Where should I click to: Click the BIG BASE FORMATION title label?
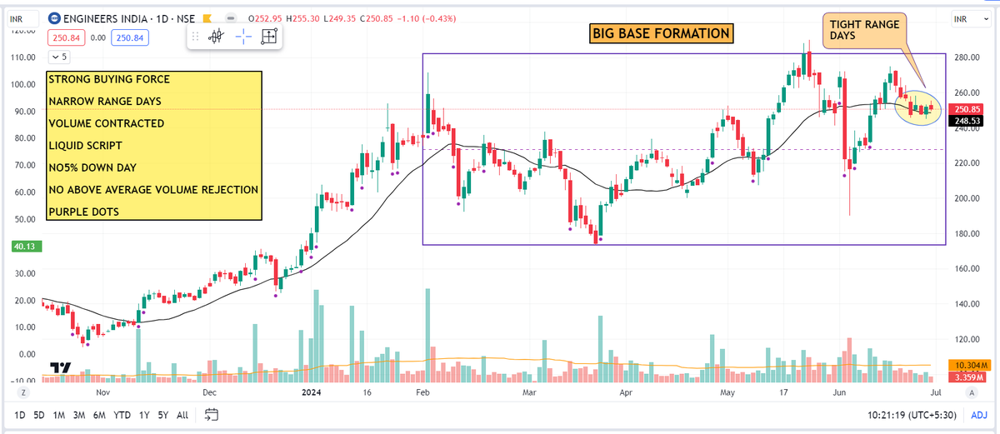(662, 33)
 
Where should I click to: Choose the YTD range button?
(122, 414)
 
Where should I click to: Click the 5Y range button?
(164, 414)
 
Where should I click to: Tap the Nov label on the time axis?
(102, 392)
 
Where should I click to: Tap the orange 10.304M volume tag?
(968, 366)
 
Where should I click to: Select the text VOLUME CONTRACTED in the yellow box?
(106, 123)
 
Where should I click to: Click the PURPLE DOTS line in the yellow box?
(83, 212)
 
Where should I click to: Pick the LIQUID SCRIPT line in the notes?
(86, 146)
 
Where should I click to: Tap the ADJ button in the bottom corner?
(979, 414)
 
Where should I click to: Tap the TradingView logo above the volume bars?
(59, 367)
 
